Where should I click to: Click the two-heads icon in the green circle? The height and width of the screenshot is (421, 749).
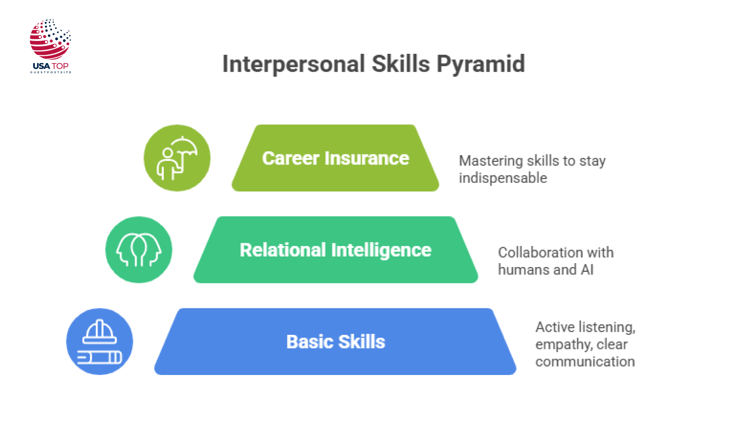(138, 250)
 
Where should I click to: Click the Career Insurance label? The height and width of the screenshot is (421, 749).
(335, 158)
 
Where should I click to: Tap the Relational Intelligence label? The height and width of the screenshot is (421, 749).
(335, 250)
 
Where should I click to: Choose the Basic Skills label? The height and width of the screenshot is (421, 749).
(335, 342)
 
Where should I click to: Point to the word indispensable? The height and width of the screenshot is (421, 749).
(503, 178)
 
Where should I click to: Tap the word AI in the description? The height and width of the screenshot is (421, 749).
(587, 270)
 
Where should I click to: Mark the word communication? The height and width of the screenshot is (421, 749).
(585, 362)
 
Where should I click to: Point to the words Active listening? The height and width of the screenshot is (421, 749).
(585, 327)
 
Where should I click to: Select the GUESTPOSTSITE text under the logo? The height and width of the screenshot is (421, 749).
(51, 72)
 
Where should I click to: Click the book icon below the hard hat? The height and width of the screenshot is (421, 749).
(99, 357)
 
